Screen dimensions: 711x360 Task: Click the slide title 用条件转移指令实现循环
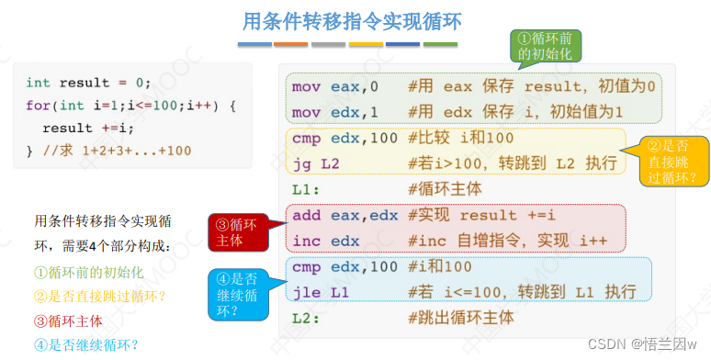pos(352,22)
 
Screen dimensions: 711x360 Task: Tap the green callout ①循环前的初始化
pos(546,47)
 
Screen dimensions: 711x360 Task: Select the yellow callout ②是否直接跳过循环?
pos(671,161)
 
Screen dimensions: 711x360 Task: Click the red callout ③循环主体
pos(239,232)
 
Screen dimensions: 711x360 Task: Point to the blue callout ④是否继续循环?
pos(239,295)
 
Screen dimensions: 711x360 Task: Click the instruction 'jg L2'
pos(316,163)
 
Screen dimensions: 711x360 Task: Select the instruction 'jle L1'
pos(321,292)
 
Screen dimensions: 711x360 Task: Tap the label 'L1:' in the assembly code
pos(306,189)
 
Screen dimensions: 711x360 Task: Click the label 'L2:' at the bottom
pos(306,318)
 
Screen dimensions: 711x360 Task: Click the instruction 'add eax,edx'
pos(345,216)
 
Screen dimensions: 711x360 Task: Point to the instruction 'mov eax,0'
pos(335,86)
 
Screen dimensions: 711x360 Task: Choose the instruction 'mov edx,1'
pos(335,112)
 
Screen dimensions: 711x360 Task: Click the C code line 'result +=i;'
pos(88,128)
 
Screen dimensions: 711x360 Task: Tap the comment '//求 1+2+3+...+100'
pos(117,151)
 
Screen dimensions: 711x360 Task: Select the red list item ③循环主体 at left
pos(69,321)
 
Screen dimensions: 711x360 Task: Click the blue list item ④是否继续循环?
pos(86,345)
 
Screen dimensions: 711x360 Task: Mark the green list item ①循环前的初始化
pos(89,273)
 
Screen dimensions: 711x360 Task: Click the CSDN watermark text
pos(642,344)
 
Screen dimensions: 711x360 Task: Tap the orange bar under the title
pos(290,44)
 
